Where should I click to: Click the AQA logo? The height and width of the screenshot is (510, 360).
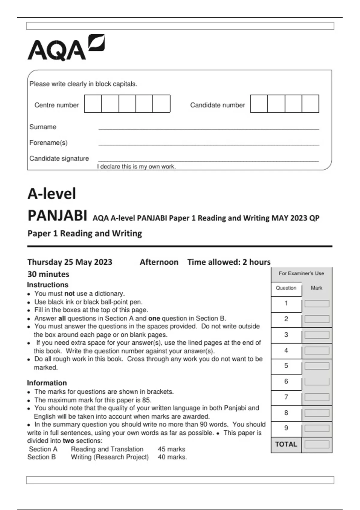pos(66,48)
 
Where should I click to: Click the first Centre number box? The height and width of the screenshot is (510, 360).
pos(93,104)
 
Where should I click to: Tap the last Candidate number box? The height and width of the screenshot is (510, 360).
pos(310,104)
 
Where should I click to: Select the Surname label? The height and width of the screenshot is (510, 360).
pos(43,127)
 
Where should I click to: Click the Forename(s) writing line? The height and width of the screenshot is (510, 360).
pos(208,144)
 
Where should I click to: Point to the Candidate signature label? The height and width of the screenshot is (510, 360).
pos(59,158)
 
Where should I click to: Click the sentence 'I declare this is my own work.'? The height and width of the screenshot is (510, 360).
pos(136,166)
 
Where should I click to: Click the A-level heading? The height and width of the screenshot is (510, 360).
pos(52,193)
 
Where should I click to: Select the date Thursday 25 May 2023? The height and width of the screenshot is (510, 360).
pos(70,262)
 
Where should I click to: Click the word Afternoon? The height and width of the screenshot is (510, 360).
pos(159,262)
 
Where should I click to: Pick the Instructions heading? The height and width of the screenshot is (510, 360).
pos(48,285)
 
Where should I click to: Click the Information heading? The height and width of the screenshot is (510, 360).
pos(47,383)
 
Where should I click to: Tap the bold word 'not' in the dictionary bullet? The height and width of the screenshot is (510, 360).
pos(69,293)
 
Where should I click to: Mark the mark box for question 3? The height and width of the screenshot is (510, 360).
pos(317,335)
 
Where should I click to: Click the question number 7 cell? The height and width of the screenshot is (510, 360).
pos(286,397)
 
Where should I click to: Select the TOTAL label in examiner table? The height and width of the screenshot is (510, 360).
pos(286,444)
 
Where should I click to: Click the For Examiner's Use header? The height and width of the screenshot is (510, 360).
pos(301,273)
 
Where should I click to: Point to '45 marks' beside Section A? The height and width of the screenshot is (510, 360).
pos(171,449)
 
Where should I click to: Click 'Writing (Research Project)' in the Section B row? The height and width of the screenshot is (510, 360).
pos(110,457)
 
